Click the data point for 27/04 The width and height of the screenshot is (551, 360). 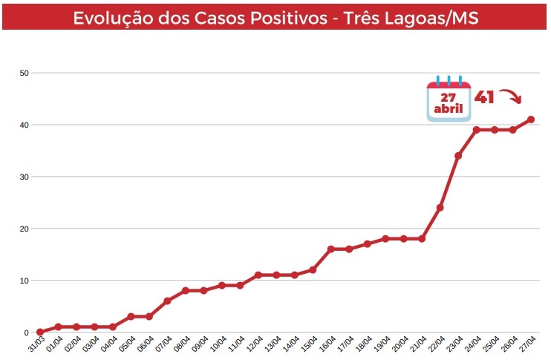[531, 120]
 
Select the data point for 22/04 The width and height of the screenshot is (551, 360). [440, 208]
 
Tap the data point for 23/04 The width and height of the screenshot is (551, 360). [458, 156]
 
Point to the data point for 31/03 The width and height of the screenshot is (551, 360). [40, 333]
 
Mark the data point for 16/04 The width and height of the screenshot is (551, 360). [331, 249]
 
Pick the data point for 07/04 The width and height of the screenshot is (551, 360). [167, 301]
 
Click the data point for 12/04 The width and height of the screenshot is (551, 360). [258, 275]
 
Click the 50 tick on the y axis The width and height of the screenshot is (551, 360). [25, 73]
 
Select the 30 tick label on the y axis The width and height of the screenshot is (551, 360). [25, 177]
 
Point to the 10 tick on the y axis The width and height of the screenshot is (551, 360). [25, 281]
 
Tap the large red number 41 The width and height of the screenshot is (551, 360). [484, 97]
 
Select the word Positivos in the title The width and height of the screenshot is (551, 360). [286, 18]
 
